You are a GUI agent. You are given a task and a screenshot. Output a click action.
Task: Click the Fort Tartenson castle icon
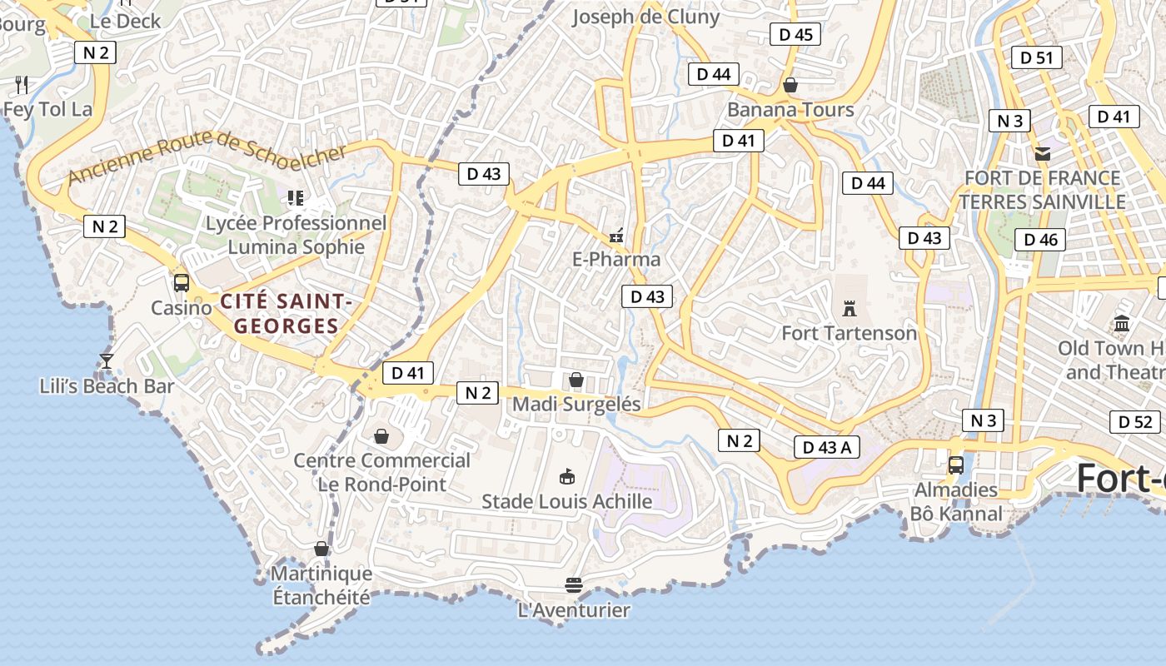[850, 309]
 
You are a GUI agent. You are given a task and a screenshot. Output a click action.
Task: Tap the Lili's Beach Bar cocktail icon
[107, 361]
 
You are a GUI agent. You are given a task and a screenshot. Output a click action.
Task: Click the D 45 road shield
[795, 34]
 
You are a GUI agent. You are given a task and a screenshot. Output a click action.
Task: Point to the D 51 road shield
[1036, 57]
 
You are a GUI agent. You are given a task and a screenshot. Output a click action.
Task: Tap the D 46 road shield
[1040, 240]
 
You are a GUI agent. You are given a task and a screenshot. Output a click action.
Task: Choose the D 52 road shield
[1134, 422]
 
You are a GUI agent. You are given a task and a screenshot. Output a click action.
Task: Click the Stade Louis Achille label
[567, 501]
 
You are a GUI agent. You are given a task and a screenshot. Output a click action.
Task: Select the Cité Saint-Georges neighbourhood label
[286, 313]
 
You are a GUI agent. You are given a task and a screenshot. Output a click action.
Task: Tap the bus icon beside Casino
[182, 283]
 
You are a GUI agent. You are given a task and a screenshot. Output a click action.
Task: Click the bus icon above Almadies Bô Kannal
[956, 465]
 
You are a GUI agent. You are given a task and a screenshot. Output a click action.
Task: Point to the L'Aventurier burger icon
[573, 585]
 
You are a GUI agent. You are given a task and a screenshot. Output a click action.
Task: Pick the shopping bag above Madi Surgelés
[576, 380]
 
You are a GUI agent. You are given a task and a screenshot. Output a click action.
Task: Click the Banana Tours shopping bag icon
[790, 85]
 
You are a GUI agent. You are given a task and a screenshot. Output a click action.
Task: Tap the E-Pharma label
[616, 259]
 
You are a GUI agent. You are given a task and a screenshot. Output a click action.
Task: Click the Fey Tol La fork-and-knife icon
[22, 84]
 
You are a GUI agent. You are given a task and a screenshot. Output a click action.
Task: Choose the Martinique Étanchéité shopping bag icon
[321, 549]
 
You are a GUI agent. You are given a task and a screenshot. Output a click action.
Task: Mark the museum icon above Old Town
[1121, 323]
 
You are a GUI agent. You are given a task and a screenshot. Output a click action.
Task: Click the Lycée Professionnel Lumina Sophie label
[296, 235]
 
